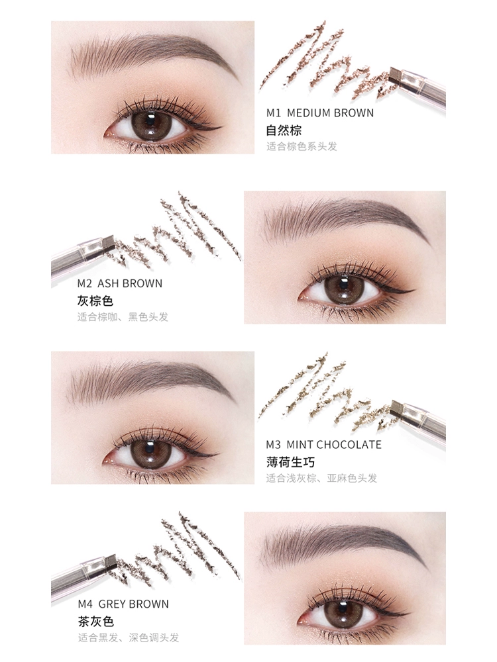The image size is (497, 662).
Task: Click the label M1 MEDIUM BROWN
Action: point(320,113)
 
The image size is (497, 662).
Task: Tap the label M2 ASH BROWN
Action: point(119,283)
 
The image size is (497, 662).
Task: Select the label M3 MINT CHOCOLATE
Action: point(324,445)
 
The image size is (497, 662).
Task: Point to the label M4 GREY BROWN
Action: point(123,604)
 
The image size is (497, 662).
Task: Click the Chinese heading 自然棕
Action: point(284,130)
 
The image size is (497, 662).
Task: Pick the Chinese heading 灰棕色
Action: point(95,301)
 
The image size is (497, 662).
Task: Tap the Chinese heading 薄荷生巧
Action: point(290,462)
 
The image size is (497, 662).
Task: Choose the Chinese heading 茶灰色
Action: point(95,622)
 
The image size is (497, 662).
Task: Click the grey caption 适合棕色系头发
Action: point(302,146)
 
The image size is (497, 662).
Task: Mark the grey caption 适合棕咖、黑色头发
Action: point(123,316)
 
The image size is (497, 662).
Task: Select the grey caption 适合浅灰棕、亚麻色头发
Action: point(321,478)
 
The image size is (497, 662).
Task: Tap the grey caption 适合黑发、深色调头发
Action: point(128,638)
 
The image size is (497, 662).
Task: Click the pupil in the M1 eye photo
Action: point(151,121)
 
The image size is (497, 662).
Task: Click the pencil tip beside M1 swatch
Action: point(396,75)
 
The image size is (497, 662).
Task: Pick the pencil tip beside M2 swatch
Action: point(109,243)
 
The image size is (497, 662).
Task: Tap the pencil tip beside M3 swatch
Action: point(397,408)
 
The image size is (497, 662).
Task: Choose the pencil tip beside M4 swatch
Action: point(111,562)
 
